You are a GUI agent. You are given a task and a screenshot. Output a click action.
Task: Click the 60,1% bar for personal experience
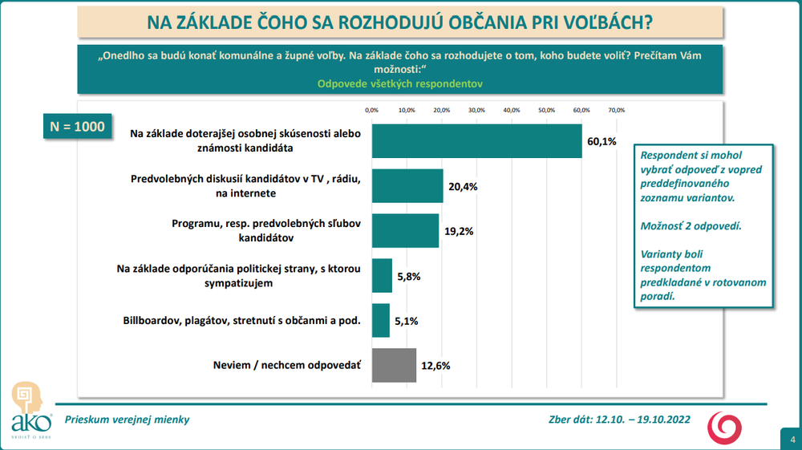(x=476, y=141)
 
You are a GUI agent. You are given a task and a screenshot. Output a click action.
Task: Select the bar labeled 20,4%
(x=407, y=186)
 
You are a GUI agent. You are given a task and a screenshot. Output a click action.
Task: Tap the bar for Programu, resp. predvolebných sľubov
(x=404, y=231)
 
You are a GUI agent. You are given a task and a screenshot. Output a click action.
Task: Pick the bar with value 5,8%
(x=381, y=275)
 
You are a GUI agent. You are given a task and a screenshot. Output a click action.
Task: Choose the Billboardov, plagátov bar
(x=380, y=320)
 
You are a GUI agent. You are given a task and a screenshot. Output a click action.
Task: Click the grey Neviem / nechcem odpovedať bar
(x=393, y=365)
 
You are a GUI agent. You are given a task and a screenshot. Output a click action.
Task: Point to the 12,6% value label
(x=436, y=366)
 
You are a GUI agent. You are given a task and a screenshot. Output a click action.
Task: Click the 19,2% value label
(x=459, y=231)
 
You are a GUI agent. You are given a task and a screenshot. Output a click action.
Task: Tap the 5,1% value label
(x=406, y=321)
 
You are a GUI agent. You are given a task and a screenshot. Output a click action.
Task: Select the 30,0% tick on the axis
(x=476, y=109)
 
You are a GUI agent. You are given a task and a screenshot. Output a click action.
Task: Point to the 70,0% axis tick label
(x=616, y=109)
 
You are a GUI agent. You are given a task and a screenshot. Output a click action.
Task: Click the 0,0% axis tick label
(x=371, y=109)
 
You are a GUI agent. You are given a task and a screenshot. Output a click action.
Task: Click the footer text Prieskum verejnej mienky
(x=128, y=419)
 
